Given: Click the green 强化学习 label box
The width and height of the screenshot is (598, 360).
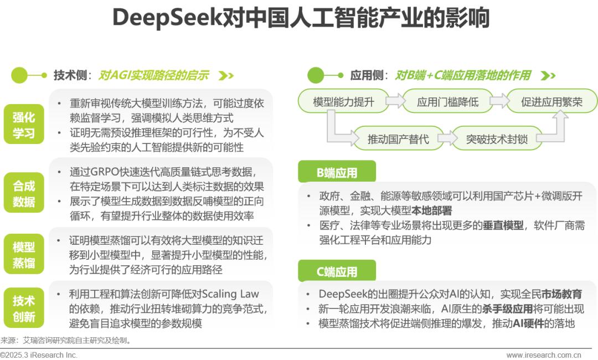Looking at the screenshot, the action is (24, 124).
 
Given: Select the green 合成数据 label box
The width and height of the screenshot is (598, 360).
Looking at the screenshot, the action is (24, 193).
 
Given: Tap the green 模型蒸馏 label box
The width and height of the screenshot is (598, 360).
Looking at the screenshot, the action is (24, 254).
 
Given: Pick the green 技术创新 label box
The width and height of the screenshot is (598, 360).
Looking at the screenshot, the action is (24, 308).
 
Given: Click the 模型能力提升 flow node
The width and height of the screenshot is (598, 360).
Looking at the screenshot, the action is (343, 101).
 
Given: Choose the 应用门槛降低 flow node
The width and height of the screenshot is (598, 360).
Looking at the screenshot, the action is (447, 101).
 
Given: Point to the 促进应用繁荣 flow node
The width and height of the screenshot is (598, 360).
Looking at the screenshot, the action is (552, 101).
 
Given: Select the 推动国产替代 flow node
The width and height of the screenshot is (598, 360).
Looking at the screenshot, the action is (398, 138).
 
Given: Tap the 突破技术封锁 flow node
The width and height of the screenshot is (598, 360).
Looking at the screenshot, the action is (497, 138).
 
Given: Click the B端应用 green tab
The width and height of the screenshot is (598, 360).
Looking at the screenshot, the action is (337, 172).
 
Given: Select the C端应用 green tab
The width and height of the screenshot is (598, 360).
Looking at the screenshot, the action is (337, 271).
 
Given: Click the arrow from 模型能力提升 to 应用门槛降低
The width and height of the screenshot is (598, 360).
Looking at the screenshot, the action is (395, 101).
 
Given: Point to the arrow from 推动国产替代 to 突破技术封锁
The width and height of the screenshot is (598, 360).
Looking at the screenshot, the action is (448, 138).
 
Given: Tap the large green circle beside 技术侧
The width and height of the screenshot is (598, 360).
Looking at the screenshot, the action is (19, 75).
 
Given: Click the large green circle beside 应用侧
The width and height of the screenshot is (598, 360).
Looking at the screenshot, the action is (316, 75).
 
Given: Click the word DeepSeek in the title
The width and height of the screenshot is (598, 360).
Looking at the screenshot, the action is (167, 18).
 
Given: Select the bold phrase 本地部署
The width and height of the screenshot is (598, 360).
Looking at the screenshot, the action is (432, 210).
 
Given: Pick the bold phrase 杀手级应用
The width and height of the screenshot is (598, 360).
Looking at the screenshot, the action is (507, 308).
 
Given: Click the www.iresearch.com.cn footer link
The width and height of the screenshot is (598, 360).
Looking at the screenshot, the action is (544, 355).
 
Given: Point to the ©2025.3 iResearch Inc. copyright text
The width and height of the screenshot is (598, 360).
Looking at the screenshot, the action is (39, 355).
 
